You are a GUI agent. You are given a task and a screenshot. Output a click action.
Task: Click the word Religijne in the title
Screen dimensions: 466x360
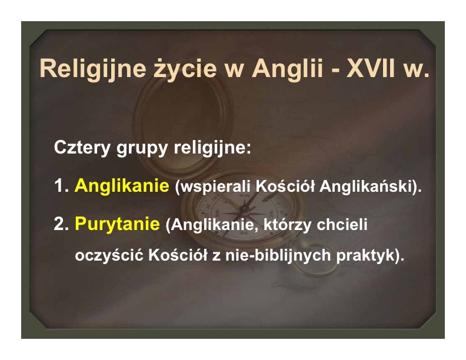(x=93, y=69)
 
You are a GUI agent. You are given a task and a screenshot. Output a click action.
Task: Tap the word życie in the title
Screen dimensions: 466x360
(x=185, y=69)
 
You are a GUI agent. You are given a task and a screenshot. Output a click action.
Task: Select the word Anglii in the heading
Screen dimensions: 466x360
(x=287, y=69)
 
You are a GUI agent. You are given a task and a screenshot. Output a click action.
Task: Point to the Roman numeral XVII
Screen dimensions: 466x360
(x=371, y=68)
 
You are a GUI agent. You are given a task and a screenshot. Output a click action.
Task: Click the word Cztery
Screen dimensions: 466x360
(x=82, y=148)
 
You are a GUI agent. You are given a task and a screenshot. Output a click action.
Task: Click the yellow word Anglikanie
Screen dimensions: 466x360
(x=122, y=186)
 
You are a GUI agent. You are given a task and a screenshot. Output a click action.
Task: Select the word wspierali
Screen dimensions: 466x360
(x=214, y=187)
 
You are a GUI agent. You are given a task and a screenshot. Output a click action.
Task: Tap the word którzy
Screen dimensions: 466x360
(x=287, y=225)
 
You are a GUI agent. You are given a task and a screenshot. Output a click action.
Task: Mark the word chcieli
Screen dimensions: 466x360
(x=342, y=224)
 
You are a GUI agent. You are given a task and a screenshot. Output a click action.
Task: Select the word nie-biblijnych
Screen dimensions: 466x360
(x=278, y=255)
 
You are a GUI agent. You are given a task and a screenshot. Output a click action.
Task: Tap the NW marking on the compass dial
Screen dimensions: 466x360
(x=245, y=196)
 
